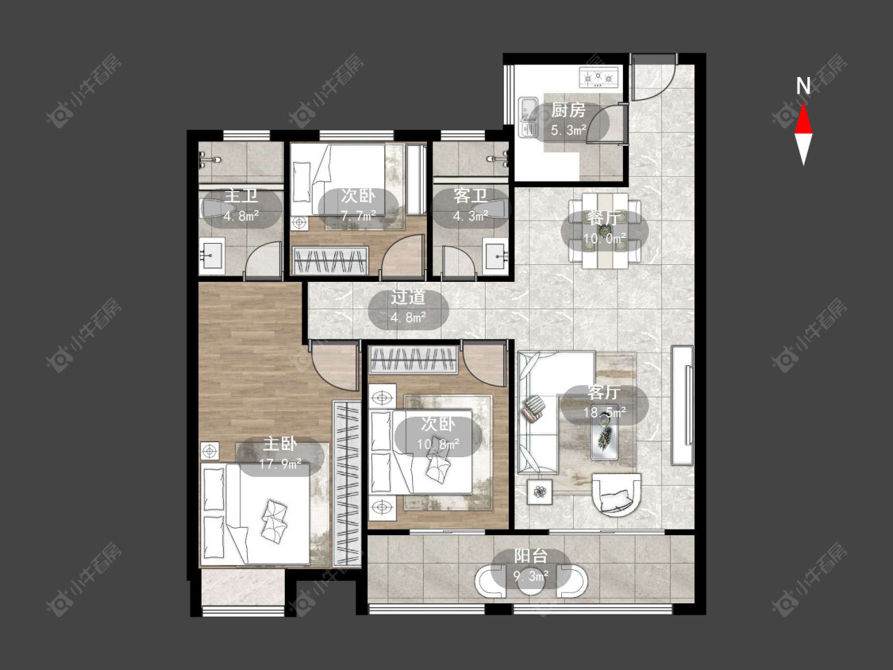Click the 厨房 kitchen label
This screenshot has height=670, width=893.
tap(568, 110)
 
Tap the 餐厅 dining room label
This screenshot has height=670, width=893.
tap(603, 218)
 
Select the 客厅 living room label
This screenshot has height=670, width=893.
tap(604, 392)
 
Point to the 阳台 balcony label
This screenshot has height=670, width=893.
tap(531, 556)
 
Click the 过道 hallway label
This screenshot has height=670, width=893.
tap(408, 298)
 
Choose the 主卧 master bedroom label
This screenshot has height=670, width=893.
tap(279, 445)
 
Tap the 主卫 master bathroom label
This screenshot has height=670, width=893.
tap(241, 196)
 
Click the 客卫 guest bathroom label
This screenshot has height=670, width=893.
tap(471, 196)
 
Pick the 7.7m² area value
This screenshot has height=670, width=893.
tap(358, 216)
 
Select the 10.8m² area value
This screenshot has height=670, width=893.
tap(438, 444)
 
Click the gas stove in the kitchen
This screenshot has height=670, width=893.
tap(599, 77)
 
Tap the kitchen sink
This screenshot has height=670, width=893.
tap(528, 118)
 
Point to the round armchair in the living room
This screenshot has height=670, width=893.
tap(616, 495)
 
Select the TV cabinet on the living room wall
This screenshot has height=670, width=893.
tap(683, 405)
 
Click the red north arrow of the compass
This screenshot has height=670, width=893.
tap(803, 119)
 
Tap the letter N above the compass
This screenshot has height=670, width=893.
tap(803, 86)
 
